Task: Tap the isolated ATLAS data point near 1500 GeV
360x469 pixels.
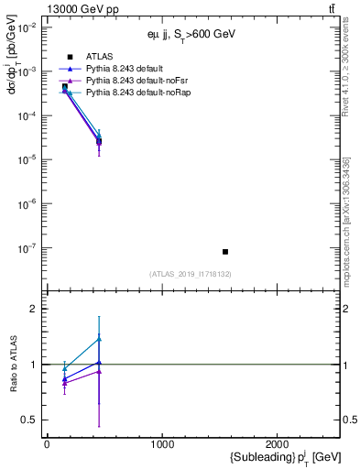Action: [225, 251]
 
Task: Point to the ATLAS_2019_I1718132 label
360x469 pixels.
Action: [191, 274]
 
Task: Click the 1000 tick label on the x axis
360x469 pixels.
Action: [162, 444]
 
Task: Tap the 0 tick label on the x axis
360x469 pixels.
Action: [47, 444]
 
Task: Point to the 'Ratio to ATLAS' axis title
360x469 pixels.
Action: [12, 364]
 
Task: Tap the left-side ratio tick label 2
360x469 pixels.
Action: [32, 309]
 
